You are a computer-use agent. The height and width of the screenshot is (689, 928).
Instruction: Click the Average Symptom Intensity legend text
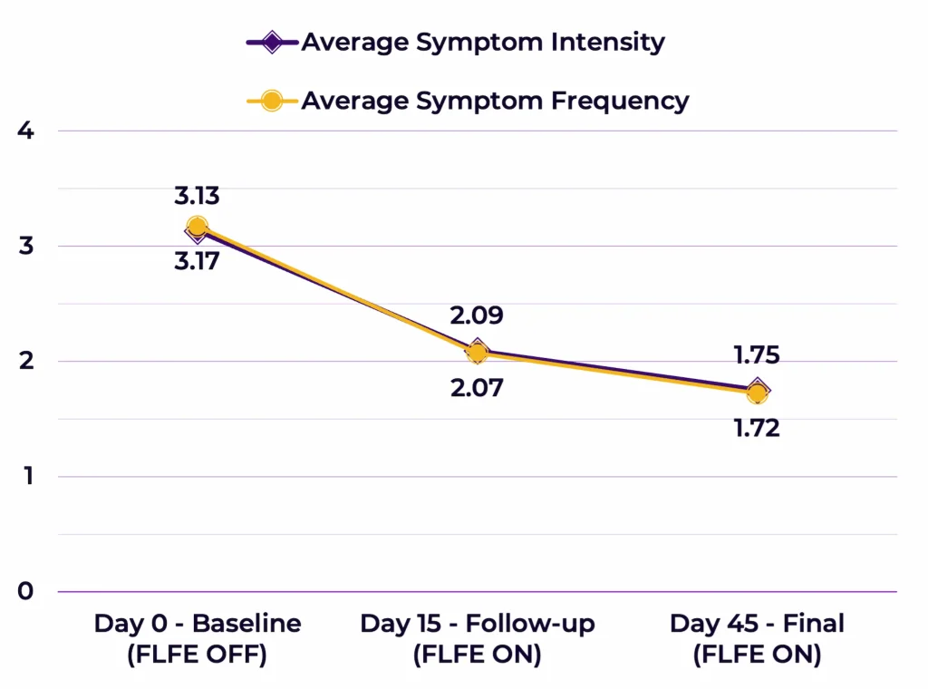[482, 42]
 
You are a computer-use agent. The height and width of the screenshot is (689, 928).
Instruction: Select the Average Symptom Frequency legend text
[495, 101]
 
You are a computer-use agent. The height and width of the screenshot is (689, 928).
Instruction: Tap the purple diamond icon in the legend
[272, 42]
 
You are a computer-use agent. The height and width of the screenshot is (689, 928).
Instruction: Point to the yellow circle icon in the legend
[272, 101]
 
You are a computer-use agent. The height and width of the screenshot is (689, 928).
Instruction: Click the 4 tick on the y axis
[25, 131]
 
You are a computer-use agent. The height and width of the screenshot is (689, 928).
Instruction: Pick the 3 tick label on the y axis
[25, 246]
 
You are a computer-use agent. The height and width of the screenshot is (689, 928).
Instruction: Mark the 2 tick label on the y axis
[25, 361]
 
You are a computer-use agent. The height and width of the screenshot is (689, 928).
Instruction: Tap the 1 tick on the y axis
[25, 476]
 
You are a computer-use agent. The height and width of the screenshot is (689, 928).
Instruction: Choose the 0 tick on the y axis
[25, 591]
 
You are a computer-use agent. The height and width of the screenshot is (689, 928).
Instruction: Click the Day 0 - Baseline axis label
[198, 639]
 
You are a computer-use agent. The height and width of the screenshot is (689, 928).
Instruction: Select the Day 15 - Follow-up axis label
[478, 639]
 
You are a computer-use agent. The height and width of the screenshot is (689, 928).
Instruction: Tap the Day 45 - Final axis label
[757, 639]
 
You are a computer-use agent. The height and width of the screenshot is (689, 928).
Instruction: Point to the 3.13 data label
[198, 196]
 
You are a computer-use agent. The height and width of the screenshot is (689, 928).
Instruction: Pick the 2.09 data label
[477, 315]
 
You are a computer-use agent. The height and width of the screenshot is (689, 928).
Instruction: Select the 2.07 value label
[477, 388]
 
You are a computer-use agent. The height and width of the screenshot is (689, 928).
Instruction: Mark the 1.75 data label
[757, 354]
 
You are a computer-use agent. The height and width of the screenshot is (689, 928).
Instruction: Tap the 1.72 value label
[757, 428]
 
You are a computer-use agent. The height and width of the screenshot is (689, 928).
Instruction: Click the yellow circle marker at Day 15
[477, 353]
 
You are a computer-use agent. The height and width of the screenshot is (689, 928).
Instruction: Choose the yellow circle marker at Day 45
[757, 393]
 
